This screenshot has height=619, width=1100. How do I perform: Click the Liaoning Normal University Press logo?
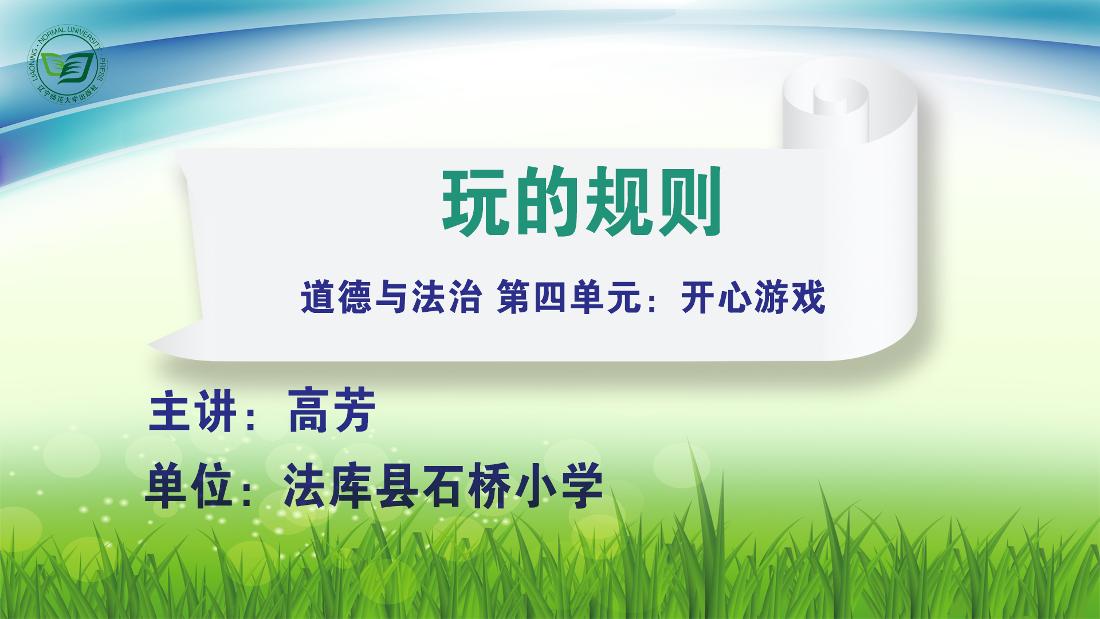tap(68, 65)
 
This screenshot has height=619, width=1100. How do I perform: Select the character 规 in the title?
tap(619, 202)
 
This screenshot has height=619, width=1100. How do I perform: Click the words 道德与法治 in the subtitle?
tap(391, 297)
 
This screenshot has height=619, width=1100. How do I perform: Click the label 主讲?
tap(193, 410)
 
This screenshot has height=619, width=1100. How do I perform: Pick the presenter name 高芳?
tap(332, 410)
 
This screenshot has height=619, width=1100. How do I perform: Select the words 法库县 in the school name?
tap(351, 486)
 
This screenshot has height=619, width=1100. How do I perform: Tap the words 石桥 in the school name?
tap(467, 486)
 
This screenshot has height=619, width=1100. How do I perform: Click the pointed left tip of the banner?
tap(149, 345)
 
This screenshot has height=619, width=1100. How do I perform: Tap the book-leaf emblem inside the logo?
tap(68, 68)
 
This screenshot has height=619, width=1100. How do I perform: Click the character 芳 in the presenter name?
tap(355, 410)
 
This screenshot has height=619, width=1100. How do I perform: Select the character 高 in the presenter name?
tap(309, 410)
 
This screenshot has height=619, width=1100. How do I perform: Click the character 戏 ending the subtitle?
tap(808, 297)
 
